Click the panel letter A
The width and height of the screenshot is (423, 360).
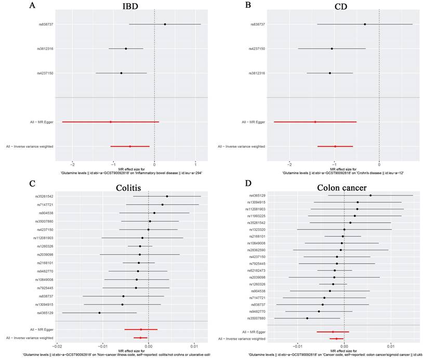(32, 6)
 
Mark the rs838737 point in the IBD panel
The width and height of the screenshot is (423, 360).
(165, 24)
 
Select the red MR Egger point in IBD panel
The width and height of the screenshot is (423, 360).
(110, 122)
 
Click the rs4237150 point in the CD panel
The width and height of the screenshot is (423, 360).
(332, 49)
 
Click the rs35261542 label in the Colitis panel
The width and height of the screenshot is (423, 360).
(45, 196)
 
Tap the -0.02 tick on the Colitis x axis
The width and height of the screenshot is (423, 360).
(57, 345)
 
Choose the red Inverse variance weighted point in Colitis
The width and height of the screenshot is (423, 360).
(140, 338)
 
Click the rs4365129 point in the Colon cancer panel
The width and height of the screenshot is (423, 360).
(371, 196)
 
